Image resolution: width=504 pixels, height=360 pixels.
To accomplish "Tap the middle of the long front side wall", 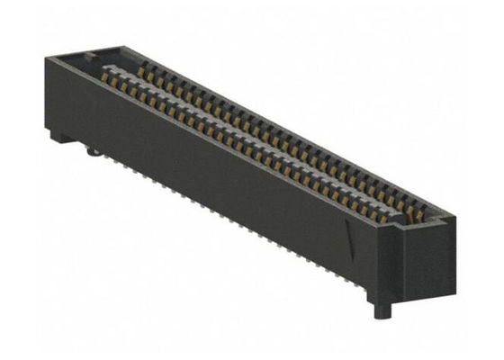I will tap(216, 180).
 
